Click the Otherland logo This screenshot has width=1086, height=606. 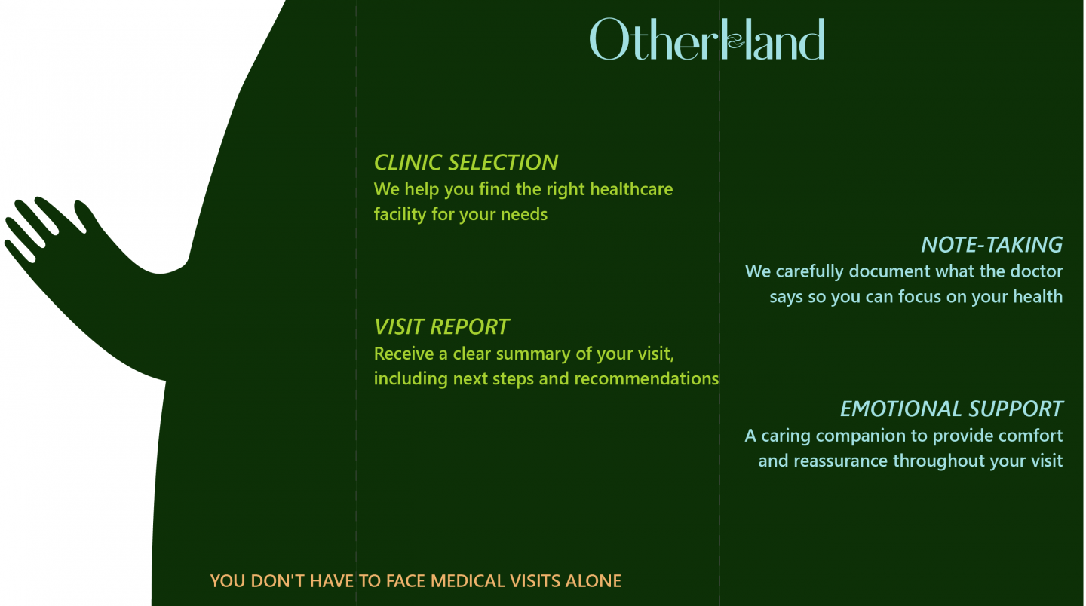707,39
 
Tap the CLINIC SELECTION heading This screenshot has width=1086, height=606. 466,162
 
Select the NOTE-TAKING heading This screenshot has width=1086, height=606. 991,245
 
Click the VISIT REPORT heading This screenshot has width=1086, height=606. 441,327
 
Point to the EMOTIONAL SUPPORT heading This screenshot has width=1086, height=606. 951,409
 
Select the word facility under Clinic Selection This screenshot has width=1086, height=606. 400,214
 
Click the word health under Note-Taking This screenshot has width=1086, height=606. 1038,297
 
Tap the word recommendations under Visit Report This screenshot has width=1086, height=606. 646,378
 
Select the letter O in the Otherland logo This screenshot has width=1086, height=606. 608,39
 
